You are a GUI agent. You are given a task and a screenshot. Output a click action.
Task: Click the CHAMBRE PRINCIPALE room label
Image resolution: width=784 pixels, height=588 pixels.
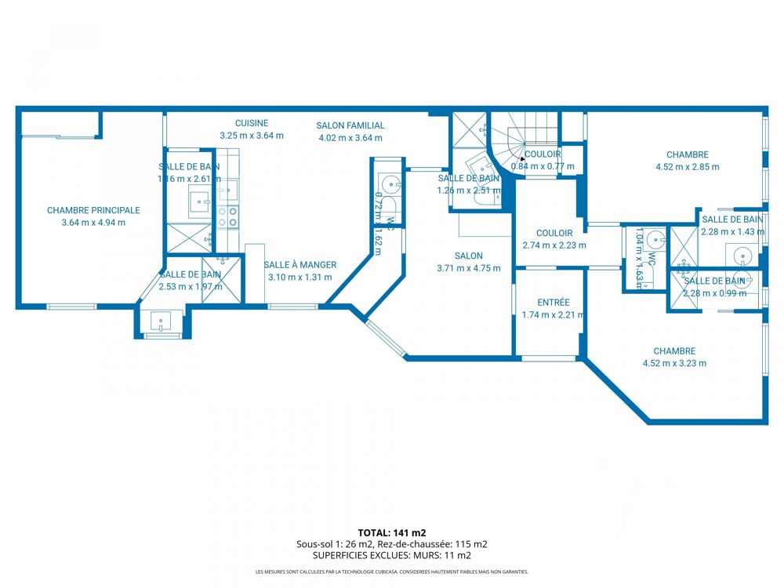(93, 210)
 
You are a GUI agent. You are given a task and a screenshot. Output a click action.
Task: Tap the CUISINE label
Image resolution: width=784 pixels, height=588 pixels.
(252, 123)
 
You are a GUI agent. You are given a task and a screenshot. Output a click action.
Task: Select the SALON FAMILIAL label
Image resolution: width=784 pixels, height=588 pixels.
(350, 125)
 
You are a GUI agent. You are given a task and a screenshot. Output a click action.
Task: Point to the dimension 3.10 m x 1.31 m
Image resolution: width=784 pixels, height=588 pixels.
(299, 277)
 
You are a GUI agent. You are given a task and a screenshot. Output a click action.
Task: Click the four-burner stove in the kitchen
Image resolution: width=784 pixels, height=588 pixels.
(228, 217)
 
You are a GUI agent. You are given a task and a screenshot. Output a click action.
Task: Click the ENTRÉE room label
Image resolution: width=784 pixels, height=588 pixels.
(554, 303)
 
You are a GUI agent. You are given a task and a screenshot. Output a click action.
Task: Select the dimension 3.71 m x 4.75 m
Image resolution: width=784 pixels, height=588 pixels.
(468, 268)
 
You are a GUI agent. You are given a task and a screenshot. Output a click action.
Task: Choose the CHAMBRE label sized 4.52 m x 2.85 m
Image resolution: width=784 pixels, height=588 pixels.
(688, 154)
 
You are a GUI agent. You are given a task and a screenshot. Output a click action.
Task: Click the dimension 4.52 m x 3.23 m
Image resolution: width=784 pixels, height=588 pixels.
(674, 363)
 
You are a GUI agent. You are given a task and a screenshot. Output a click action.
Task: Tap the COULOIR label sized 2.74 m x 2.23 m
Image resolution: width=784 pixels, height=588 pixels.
(554, 233)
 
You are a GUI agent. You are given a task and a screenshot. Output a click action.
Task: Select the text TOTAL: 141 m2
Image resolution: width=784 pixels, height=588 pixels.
(391, 532)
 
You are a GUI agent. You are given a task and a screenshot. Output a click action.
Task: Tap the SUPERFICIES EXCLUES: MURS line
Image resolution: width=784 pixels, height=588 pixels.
(391, 555)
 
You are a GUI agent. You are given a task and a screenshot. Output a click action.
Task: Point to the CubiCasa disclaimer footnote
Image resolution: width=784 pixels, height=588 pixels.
(391, 572)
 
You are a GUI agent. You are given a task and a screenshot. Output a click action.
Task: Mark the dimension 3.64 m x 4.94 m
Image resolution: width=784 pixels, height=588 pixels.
(93, 223)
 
